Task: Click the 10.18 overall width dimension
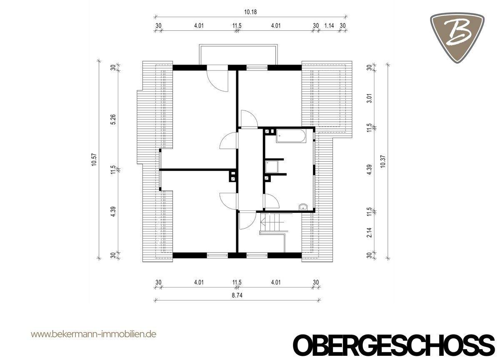tap(250, 12)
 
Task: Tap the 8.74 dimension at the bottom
tap(238, 295)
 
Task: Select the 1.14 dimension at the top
tap(329, 25)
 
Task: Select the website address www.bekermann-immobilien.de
tap(94, 334)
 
